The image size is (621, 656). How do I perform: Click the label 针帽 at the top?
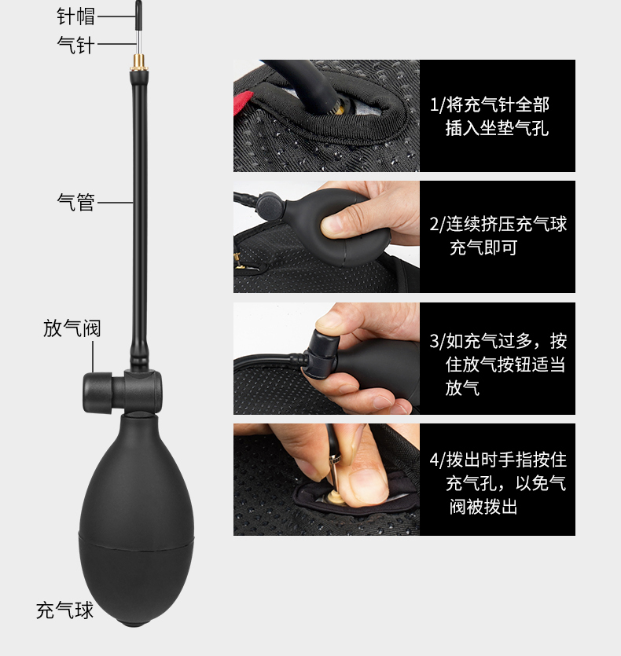[75, 16]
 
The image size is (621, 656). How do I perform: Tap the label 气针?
[75, 44]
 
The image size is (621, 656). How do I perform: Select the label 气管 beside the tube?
[76, 202]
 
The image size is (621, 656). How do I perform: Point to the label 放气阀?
[72, 328]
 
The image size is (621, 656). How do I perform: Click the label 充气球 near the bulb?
[64, 610]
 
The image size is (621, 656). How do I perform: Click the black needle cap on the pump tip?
[138, 15]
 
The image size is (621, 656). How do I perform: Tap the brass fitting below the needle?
[139, 63]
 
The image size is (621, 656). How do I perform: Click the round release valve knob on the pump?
[97, 393]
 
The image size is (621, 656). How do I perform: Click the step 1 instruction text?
[490, 116]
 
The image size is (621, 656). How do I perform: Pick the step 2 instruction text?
[498, 236]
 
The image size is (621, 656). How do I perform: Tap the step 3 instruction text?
[498, 365]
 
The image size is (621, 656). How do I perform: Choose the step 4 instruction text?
[498, 483]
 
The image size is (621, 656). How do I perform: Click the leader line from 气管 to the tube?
[115, 203]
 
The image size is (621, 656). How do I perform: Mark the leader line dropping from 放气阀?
[93, 357]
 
